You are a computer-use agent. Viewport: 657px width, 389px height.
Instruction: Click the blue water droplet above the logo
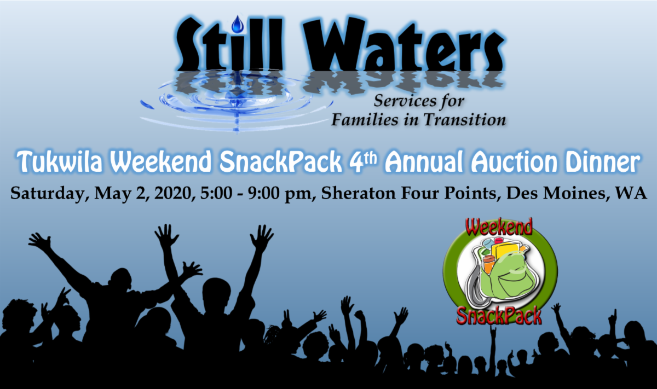[x=238, y=24]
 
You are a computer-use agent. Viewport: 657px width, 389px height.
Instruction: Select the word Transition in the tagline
[x=465, y=120]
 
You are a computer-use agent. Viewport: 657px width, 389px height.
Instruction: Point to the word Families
[x=365, y=120]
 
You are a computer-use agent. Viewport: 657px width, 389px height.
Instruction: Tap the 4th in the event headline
[x=362, y=161]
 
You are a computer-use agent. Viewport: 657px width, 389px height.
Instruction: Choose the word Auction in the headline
[x=514, y=161]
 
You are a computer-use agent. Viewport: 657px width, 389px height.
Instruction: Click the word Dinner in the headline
[x=603, y=161]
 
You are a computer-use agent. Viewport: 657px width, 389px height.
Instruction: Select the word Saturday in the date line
[x=50, y=194]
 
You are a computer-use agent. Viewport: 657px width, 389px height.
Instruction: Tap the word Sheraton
[x=358, y=194]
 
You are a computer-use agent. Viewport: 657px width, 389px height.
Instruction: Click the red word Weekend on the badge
[x=499, y=227]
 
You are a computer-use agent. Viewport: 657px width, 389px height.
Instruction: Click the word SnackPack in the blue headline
[x=281, y=161]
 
